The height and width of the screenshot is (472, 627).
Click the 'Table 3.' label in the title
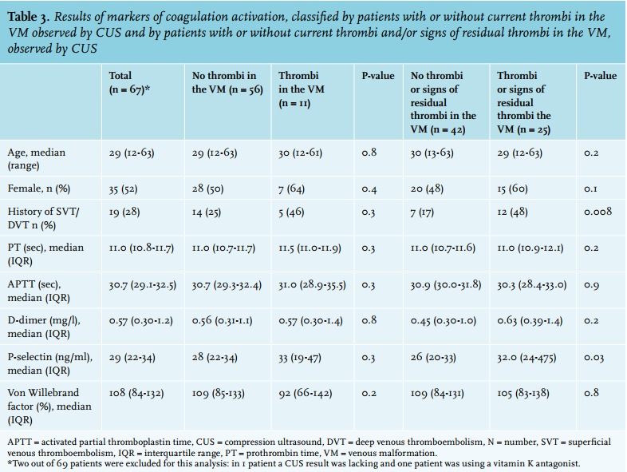pyautogui.click(x=29, y=17)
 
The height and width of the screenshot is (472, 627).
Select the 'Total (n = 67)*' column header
pyautogui.click(x=129, y=82)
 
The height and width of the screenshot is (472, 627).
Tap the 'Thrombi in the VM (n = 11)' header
pyautogui.click(x=301, y=89)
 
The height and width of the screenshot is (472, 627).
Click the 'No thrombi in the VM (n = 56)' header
pyautogui.click(x=227, y=82)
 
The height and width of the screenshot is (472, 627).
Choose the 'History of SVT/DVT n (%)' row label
pyautogui.click(x=43, y=218)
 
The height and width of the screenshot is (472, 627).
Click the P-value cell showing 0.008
pyautogui.click(x=597, y=212)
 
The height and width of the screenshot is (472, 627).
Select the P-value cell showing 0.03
pyautogui.click(x=593, y=357)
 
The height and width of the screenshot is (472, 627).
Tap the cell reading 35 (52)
pyautogui.click(x=123, y=189)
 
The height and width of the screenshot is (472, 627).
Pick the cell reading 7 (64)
pyautogui.click(x=291, y=188)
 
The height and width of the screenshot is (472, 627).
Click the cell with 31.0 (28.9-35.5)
pyautogui.click(x=312, y=285)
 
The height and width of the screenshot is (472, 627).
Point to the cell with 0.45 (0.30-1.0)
pyautogui.click(x=443, y=321)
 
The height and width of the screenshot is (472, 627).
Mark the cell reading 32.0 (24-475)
pyautogui.click(x=526, y=357)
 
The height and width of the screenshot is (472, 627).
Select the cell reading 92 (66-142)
pyautogui.click(x=305, y=393)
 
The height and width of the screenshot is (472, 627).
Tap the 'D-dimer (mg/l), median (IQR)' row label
pyautogui.click(x=44, y=327)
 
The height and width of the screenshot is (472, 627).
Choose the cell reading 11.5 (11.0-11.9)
pyautogui.click(x=310, y=248)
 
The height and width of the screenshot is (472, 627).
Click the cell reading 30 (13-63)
pyautogui.click(x=432, y=153)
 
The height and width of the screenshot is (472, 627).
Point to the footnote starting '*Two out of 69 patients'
pyautogui.click(x=294, y=464)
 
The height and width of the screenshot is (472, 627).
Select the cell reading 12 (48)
pyautogui.click(x=512, y=212)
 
